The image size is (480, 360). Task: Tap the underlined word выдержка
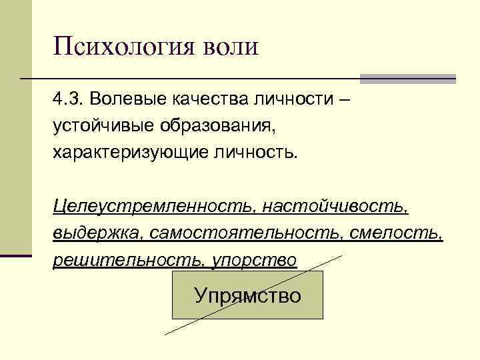[x=98, y=233]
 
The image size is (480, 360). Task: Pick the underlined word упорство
[x=253, y=259]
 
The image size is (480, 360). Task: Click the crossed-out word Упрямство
[x=247, y=295]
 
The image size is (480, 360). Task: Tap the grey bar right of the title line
[x=408, y=79]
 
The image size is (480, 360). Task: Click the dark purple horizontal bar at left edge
[x=16, y=255]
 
